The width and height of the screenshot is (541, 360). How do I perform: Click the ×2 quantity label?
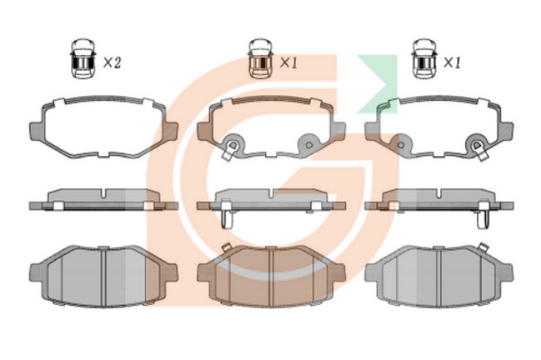pos(112,63)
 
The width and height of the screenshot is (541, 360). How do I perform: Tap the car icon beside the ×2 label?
pos(83,59)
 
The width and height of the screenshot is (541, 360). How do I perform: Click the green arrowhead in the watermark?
pos(378,84)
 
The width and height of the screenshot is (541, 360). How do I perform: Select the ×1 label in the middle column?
pos(289,63)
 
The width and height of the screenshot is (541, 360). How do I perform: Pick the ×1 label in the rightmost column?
pos(452,63)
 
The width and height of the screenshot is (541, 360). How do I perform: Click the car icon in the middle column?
pos(261,59)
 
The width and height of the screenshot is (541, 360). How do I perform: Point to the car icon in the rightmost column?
pos(425,59)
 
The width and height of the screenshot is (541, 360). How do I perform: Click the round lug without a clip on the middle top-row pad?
pos(308,144)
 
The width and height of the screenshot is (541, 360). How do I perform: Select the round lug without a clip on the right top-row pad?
pos(401,144)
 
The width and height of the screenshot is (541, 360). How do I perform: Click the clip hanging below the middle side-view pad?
pos(226,219)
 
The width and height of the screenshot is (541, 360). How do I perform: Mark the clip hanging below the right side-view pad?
pos(482,219)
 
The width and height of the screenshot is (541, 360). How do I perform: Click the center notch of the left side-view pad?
pos(104,193)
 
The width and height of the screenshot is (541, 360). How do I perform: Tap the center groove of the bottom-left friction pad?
pos(104,277)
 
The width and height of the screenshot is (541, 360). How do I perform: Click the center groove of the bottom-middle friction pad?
pos(271,277)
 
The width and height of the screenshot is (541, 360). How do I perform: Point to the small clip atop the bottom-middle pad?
pos(226,247)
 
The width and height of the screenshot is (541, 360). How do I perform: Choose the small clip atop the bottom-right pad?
pos(482,247)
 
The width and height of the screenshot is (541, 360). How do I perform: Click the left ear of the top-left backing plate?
pos(37,131)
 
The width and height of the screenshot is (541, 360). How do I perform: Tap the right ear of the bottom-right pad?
pos(506,272)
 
